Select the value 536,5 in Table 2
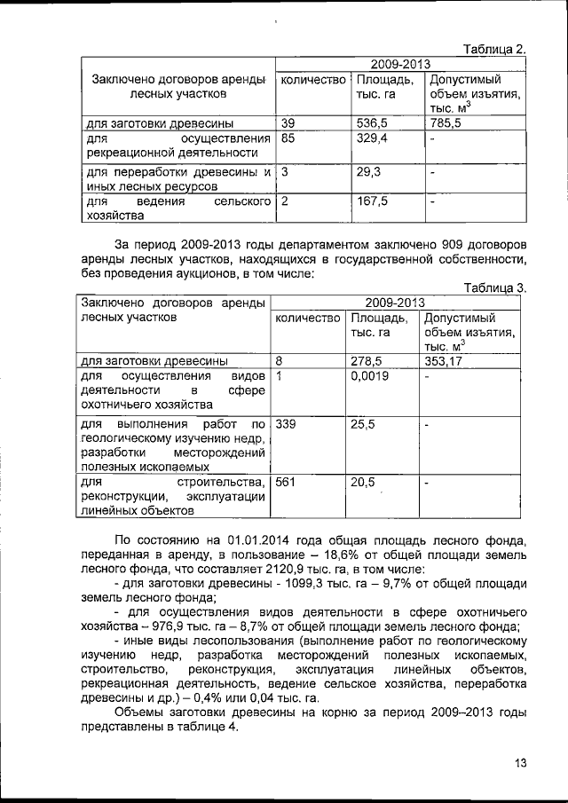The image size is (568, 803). [372, 123]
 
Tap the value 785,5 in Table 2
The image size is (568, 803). [446, 123]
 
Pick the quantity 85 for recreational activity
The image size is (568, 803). [288, 139]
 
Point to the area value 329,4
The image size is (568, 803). [372, 139]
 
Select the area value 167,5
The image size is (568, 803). [372, 203]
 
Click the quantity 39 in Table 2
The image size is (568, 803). [288, 123]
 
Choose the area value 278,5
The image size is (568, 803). [367, 361]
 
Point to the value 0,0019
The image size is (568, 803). [370, 376]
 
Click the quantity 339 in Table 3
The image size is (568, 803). [286, 425]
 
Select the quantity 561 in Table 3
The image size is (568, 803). [286, 482]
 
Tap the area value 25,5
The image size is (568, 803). [363, 425]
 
